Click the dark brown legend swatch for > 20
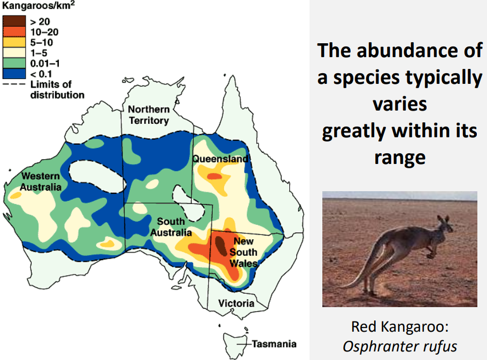[x=14, y=21]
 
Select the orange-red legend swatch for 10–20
[x=14, y=32]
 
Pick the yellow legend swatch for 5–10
[x=14, y=42]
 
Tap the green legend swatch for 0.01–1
[x=14, y=64]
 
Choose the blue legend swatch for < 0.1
[x=14, y=74]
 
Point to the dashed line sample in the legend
[x=14, y=84]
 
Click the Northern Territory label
[x=149, y=115]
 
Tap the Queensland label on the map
[x=221, y=159]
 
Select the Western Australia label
[x=41, y=182]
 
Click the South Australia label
[x=171, y=227]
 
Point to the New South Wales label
[x=244, y=252]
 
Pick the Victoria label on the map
[x=236, y=303]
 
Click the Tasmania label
[x=274, y=344]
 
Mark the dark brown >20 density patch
[x=221, y=246]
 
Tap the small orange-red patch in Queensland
[x=214, y=176]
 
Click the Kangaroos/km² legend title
[x=38, y=5]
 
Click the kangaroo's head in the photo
[x=445, y=224]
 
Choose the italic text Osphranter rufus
[x=400, y=346]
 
